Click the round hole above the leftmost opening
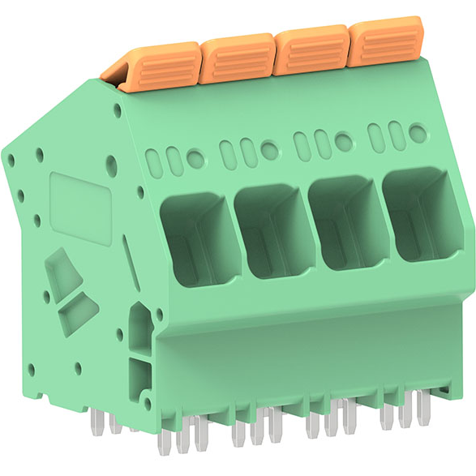click(195, 159)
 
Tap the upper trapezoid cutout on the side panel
click(62, 272)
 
